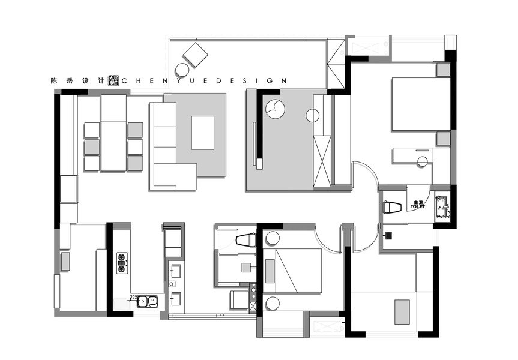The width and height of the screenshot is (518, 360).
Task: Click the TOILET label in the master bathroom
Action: coord(417,206)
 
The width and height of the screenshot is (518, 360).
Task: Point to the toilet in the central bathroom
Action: coord(246,241)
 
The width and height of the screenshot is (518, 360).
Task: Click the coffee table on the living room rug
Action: coord(203,133)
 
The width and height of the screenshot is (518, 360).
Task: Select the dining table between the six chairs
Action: coord(113,134)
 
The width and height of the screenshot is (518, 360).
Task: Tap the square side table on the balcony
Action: coord(195,56)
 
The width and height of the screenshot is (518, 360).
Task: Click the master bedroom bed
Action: coord(420,104)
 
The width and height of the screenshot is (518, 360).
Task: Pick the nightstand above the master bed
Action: coord(443,70)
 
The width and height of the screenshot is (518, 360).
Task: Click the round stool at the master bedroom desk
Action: coord(422,161)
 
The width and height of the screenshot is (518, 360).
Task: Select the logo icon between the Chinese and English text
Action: coord(114,80)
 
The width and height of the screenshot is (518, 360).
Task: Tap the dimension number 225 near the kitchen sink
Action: coord(134,296)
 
